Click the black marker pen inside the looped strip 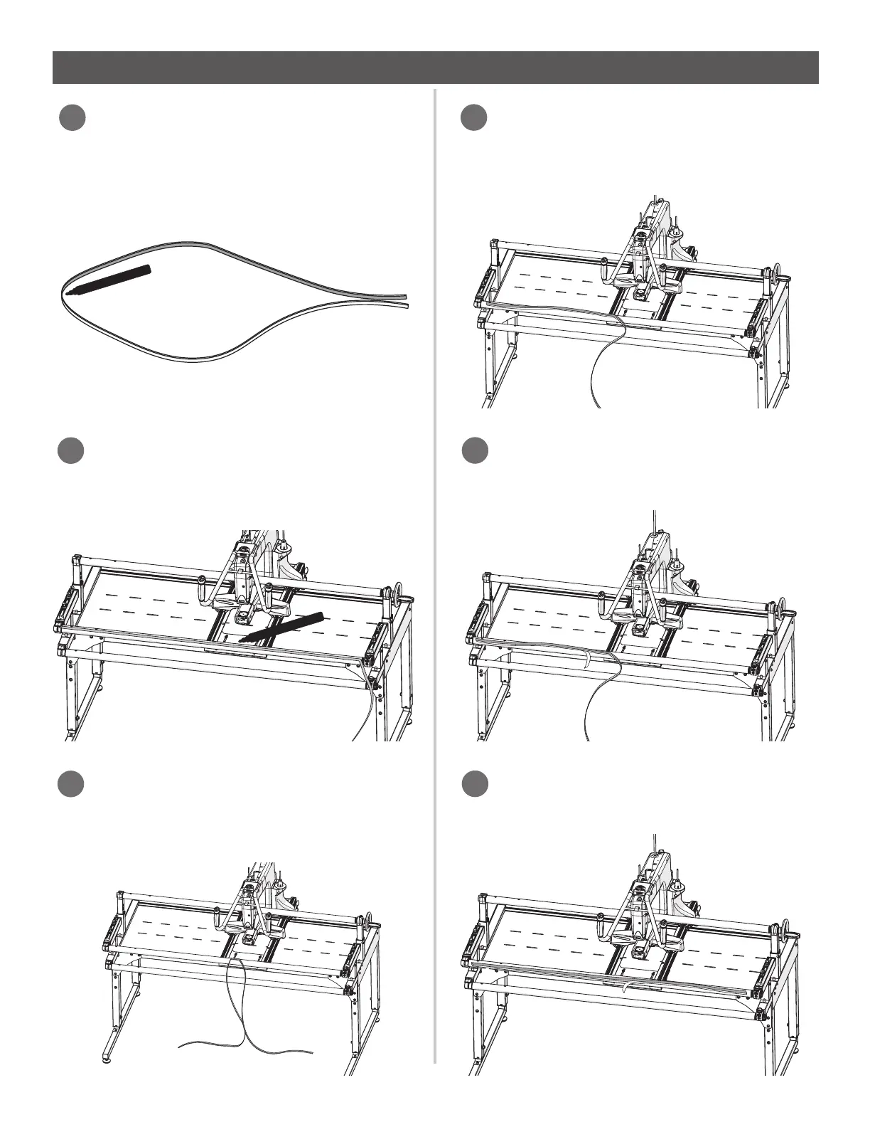(x=110, y=280)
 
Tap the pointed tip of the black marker (x=69, y=292)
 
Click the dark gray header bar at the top (x=435, y=68)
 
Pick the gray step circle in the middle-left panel (x=71, y=452)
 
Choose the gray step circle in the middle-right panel (x=473, y=452)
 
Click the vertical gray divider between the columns (x=434, y=569)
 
